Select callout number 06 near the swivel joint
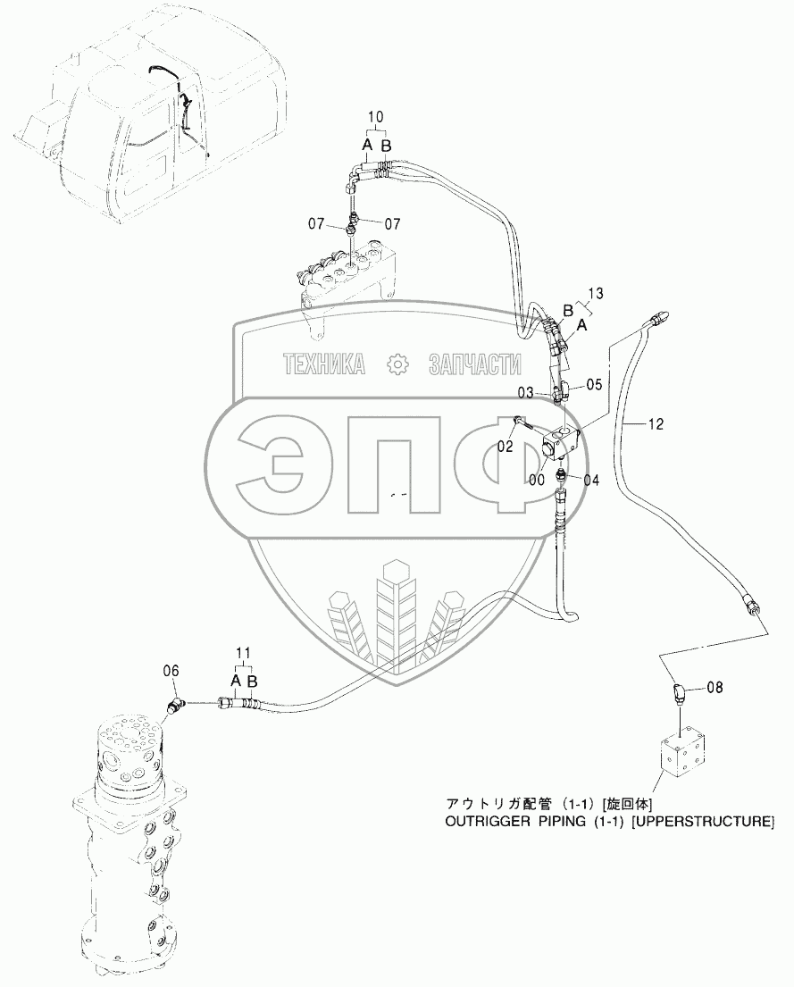(171, 670)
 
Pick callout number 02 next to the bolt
(506, 447)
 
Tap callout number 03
(525, 393)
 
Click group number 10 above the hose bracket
(375, 117)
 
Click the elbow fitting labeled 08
(679, 692)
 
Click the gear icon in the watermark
(396, 364)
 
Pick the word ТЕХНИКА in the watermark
(325, 364)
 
